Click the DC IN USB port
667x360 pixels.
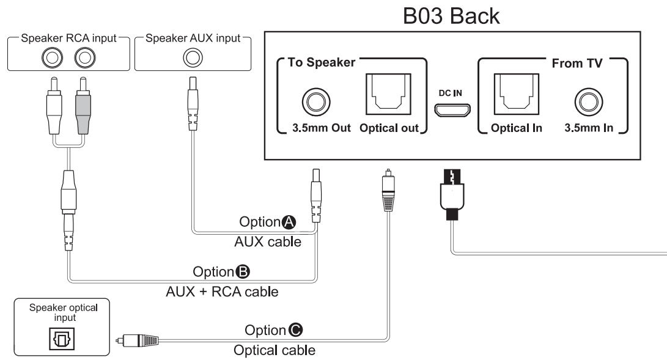pos(453,111)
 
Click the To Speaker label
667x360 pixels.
pos(321,63)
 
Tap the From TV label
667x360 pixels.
pos(577,63)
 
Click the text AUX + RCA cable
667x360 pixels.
pos(222,292)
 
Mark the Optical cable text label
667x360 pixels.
pos(275,350)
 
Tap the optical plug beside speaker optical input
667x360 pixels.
pos(138,338)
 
